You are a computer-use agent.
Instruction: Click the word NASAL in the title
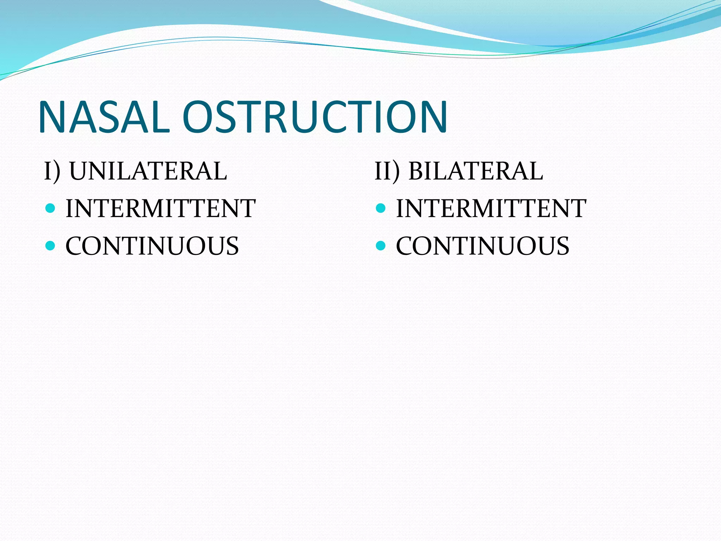pos(104,117)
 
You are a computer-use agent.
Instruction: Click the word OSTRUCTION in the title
pos(314,117)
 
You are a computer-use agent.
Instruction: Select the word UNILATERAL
pos(148,171)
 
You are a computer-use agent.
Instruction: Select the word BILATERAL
pos(475,171)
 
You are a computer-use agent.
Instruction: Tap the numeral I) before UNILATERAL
pos(52,171)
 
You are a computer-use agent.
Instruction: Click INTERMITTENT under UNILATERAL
pos(161,209)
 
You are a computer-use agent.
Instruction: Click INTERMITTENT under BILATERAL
pos(491,209)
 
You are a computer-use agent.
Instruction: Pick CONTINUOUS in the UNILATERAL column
pos(152,246)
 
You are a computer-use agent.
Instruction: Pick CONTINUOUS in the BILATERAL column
pos(483,246)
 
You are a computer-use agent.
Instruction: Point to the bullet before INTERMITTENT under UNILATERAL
pos(50,208)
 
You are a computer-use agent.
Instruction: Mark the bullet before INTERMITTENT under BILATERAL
pos(381,208)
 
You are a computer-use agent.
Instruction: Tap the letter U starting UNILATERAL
pos(80,171)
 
